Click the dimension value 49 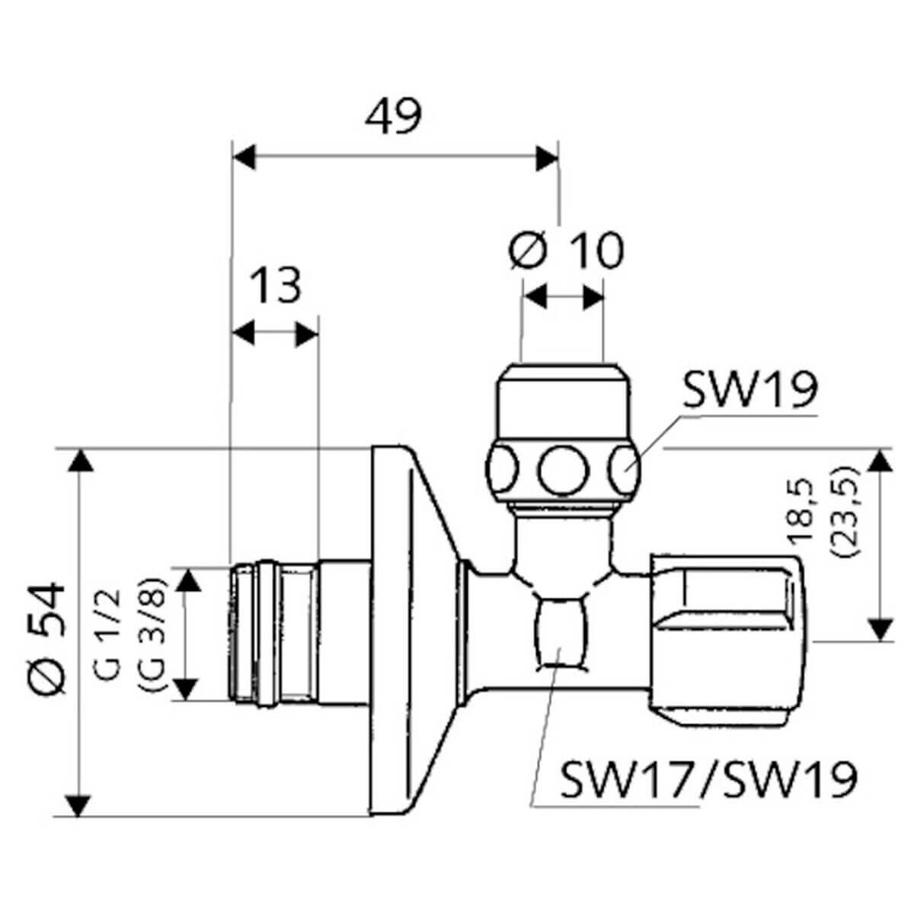click(393, 117)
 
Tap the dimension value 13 click(275, 286)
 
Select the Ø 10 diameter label click(567, 251)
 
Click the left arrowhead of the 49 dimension click(244, 157)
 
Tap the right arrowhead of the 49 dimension click(547, 158)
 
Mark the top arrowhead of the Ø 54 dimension click(80, 461)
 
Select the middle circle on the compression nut click(564, 471)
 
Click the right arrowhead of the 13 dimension click(306, 335)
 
